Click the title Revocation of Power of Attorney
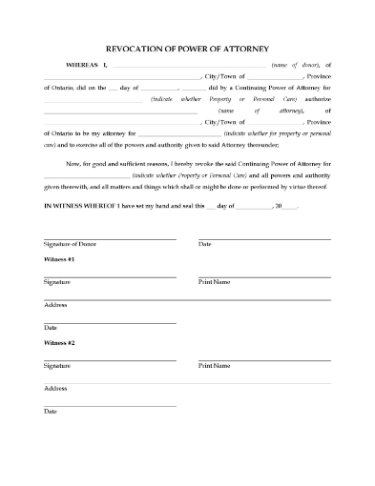186,48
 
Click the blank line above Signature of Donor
109,238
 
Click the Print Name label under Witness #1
214,283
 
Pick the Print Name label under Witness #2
214,367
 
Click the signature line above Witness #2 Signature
109,359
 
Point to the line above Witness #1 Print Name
263,275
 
